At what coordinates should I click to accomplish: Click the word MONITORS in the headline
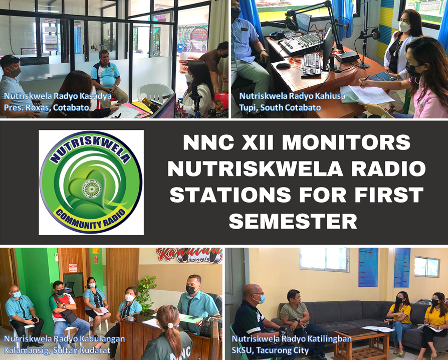point(346,143)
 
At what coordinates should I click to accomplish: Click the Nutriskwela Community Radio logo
point(91,183)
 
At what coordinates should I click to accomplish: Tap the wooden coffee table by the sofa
point(361,342)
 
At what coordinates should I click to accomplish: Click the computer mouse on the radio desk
point(283,65)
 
